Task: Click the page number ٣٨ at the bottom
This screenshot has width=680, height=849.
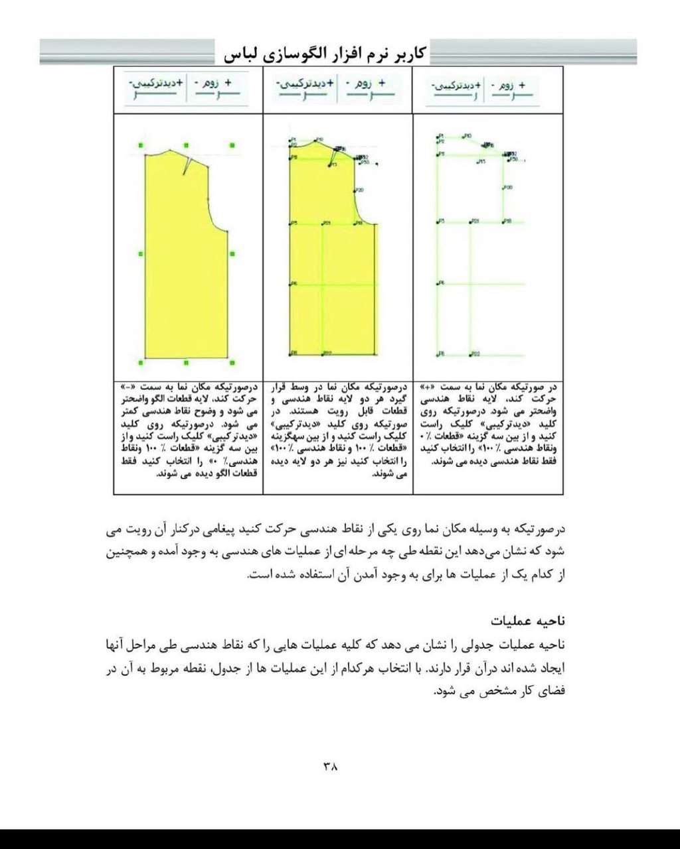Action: (331, 766)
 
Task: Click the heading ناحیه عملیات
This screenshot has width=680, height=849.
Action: (528, 621)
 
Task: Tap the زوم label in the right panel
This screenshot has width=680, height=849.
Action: (504, 86)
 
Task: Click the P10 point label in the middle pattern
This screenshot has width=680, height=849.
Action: (319, 139)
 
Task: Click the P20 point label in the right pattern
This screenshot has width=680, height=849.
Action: (508, 188)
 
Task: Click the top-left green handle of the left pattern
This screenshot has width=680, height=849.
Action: (141, 145)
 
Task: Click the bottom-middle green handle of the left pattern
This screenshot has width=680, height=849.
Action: (187, 362)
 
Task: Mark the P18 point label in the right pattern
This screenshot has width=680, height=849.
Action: (508, 221)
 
